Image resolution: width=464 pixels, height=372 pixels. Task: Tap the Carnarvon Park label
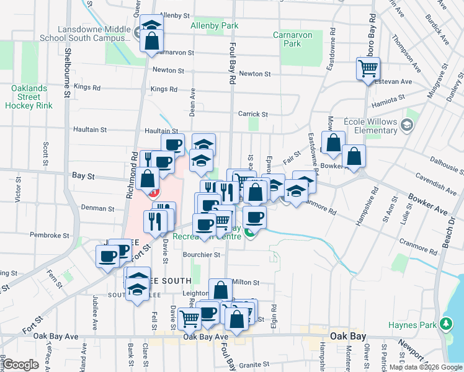point(292,39)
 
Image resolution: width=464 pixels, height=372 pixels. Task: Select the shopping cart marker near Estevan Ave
point(368,68)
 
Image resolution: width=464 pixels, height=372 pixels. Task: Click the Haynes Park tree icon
point(444,324)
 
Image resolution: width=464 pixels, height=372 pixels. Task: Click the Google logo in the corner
point(21,364)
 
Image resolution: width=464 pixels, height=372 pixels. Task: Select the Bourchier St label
point(202,254)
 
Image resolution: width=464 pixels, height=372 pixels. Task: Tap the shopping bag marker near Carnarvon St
point(151,43)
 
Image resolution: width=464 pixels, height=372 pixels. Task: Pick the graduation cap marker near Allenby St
point(151,25)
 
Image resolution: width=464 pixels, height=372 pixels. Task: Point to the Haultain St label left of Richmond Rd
point(91,130)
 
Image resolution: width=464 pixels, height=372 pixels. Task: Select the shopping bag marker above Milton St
point(221,290)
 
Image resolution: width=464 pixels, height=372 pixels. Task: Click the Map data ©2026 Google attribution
point(425,367)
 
